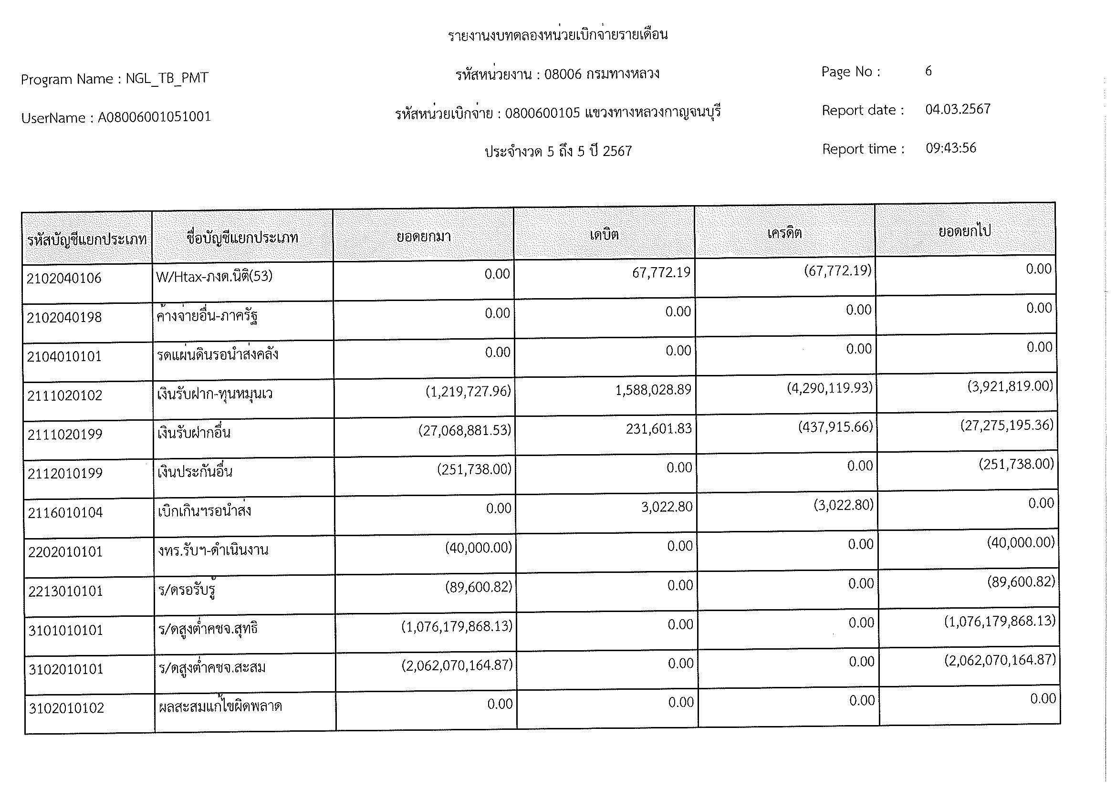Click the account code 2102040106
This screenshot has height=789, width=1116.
pyautogui.click(x=63, y=279)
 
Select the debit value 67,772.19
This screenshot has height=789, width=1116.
pyautogui.click(x=661, y=272)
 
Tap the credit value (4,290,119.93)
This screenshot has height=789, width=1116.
pyautogui.click(x=830, y=388)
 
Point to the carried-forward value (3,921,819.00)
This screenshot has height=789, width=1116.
pyautogui.click(x=1010, y=386)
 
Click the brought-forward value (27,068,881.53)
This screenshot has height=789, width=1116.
pyautogui.click(x=465, y=430)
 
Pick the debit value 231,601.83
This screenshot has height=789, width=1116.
pyautogui.click(x=658, y=429)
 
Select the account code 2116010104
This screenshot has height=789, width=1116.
pyautogui.click(x=65, y=512)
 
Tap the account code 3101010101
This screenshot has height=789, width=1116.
pyautogui.click(x=66, y=631)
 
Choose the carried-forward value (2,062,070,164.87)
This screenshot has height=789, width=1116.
pyautogui.click(x=1001, y=660)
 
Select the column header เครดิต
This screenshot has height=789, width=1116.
pyautogui.click(x=784, y=233)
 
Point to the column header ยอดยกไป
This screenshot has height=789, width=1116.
pyautogui.click(x=965, y=231)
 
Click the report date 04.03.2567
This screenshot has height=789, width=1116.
pyautogui.click(x=958, y=109)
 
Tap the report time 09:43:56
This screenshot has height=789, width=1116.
pyautogui.click(x=951, y=148)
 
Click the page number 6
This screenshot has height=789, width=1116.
pyautogui.click(x=928, y=72)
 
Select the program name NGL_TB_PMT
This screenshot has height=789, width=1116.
pyautogui.click(x=167, y=78)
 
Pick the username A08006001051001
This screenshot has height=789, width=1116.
pyautogui.click(x=154, y=117)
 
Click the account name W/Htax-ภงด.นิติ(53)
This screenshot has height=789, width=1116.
pyautogui.click(x=214, y=277)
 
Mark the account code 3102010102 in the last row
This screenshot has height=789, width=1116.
pyautogui.click(x=67, y=708)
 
